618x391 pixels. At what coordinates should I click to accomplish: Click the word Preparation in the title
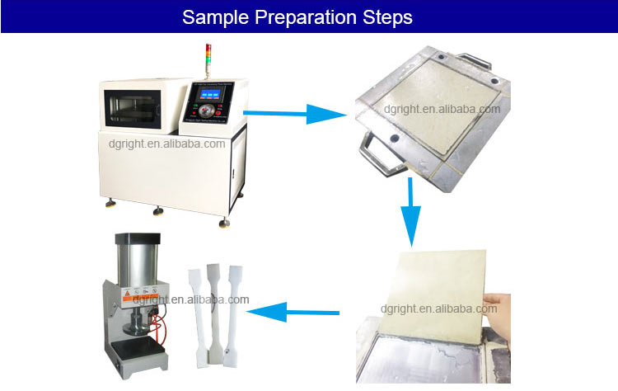pos(300,16)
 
